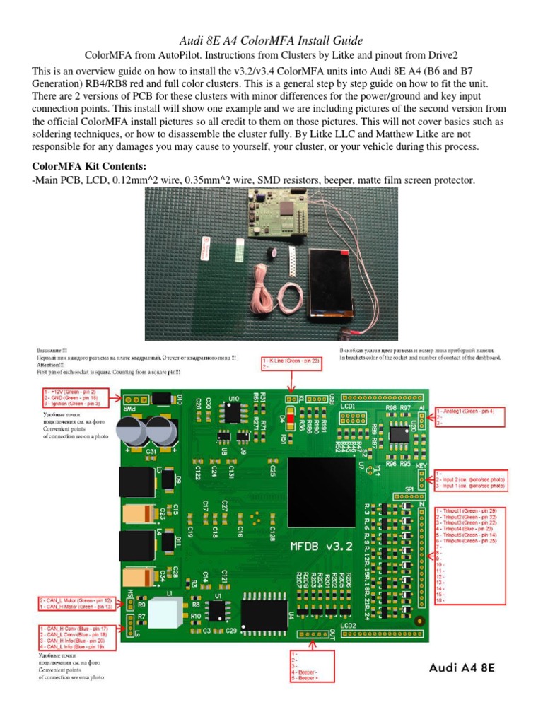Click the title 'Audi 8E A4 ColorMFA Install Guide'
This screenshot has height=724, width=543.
point(271,41)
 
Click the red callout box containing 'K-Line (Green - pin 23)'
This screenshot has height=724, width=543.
point(291,363)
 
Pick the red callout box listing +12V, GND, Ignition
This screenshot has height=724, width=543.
point(69,398)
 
